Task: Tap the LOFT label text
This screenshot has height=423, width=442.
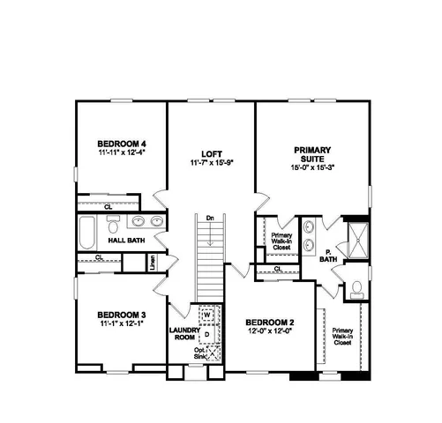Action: click(x=211, y=151)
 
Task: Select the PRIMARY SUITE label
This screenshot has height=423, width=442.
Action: click(x=310, y=155)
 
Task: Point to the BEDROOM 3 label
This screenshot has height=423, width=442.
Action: click(x=120, y=314)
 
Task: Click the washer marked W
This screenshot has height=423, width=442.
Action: click(x=208, y=315)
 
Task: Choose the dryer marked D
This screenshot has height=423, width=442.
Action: click(x=207, y=334)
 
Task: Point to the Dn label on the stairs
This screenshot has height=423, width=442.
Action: click(x=209, y=218)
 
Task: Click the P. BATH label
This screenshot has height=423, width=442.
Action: click(x=328, y=256)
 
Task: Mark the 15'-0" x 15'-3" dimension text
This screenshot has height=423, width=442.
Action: click(x=310, y=167)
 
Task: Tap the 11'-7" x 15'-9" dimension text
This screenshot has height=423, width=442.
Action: click(x=211, y=162)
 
